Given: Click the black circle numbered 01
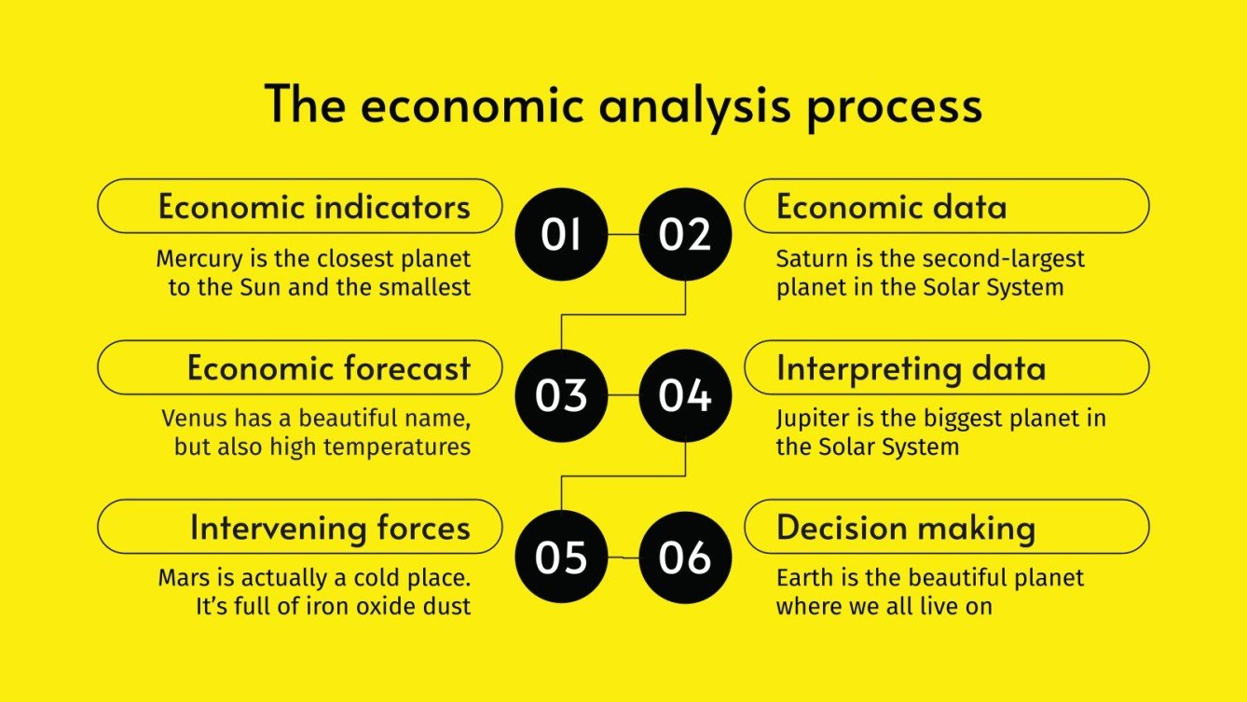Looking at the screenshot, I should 561,234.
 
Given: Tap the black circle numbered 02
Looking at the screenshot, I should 685,234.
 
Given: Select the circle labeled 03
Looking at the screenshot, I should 561,395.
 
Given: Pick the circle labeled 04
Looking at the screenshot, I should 685,395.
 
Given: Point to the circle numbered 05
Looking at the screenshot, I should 561,557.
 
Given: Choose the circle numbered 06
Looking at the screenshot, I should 685,557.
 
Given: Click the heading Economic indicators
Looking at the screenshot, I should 314,206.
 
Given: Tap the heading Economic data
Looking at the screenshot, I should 891,206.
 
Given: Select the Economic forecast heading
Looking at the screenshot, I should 328,367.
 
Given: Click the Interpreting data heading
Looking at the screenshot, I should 911,367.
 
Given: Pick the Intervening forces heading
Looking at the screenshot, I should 330,528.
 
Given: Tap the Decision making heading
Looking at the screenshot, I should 905,528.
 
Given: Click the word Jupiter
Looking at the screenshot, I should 810,419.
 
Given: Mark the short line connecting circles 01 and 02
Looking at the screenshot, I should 623,234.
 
